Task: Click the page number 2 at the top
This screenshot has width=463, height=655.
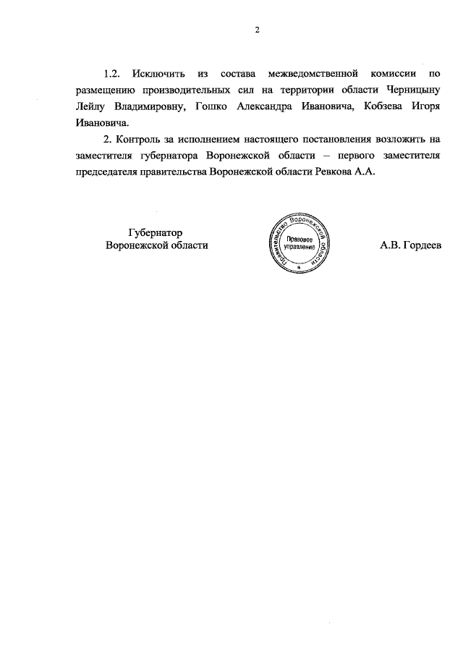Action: coord(256,30)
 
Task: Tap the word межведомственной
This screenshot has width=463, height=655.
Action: coord(313,75)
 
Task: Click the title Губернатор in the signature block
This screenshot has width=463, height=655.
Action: coord(151,232)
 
